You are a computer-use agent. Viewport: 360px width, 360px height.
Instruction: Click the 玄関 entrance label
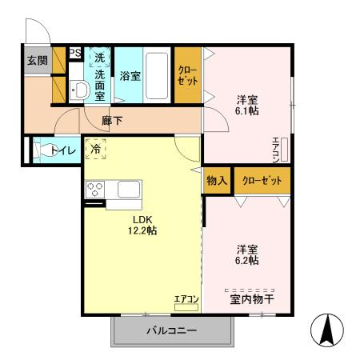pos(38,61)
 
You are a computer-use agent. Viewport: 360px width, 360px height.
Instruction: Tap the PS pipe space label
pos(74,54)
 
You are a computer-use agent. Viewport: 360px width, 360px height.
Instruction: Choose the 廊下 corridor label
pos(112,121)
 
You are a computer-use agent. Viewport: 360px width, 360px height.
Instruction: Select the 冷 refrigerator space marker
pos(96,149)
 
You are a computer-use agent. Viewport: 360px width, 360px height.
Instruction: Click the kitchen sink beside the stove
pos(129,190)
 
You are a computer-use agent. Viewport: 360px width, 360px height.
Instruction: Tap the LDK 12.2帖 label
pos(139,225)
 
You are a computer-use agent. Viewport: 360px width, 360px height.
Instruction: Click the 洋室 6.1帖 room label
pos(247,106)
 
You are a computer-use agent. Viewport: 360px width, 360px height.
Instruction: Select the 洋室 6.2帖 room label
pos(246,254)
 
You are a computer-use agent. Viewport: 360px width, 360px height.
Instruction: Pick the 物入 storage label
pos(218,180)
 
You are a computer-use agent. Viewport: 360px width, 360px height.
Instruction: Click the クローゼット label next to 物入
pos(262,180)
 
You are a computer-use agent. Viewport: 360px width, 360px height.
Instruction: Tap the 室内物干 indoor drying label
pos(250,299)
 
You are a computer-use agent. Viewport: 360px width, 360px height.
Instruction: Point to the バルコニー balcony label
pos(170,330)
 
